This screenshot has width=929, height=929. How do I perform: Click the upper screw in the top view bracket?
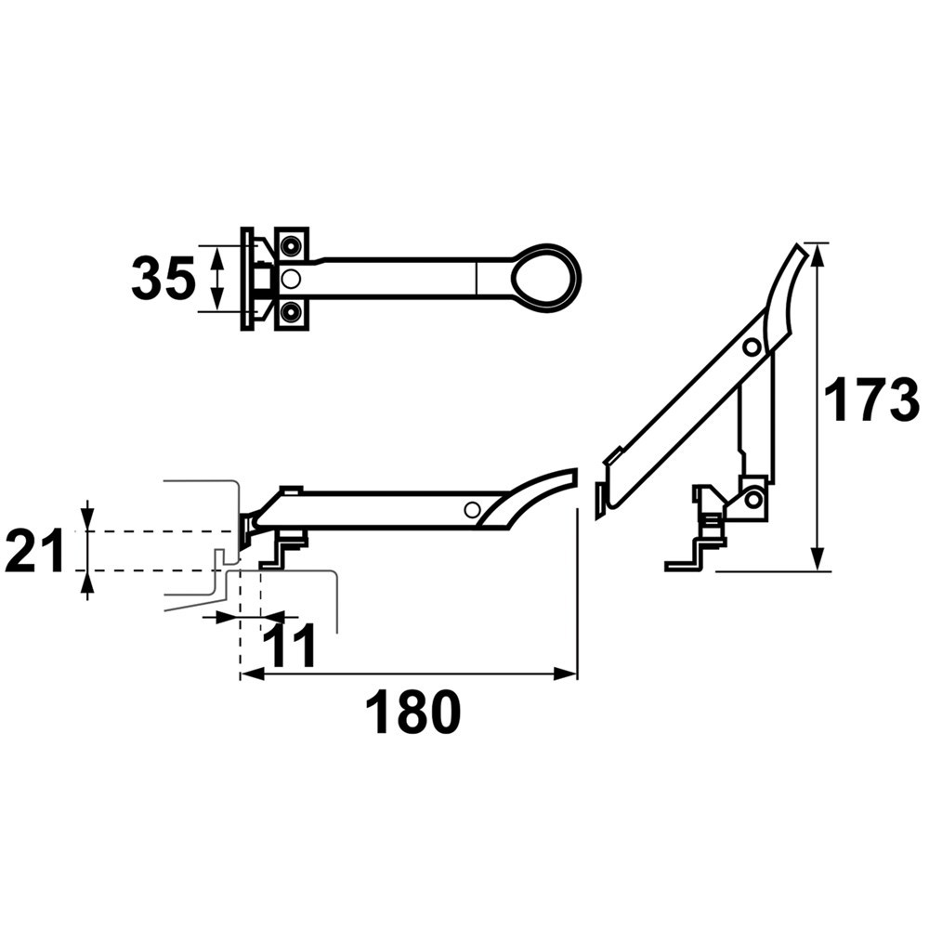(290, 245)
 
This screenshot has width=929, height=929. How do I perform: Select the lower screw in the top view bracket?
(290, 310)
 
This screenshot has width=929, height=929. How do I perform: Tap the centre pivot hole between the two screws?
(290, 278)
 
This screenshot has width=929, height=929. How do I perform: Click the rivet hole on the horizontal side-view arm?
(472, 509)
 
